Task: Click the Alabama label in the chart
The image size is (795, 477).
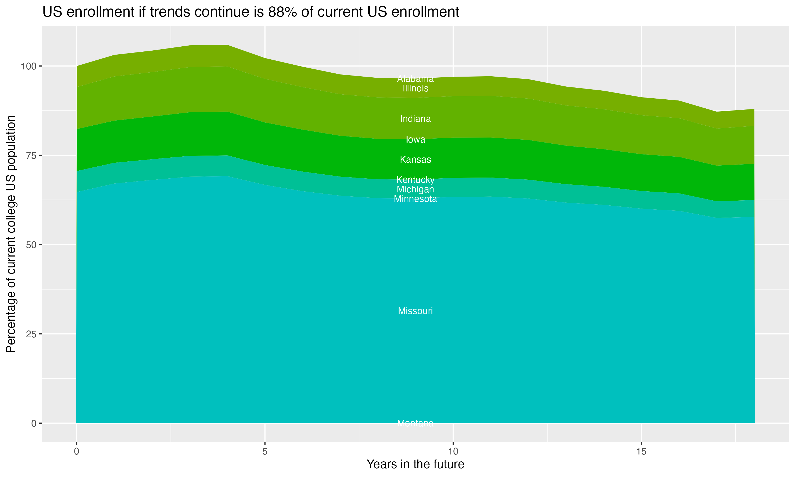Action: (x=415, y=79)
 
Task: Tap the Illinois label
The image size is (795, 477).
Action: (x=415, y=89)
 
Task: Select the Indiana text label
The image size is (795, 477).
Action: (x=415, y=119)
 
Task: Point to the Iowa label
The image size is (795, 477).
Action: (x=415, y=139)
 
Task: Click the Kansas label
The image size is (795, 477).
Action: (x=415, y=160)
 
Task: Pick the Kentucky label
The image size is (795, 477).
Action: (x=415, y=180)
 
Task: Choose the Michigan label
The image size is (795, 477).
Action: (x=415, y=189)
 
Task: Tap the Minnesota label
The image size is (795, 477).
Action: (x=415, y=199)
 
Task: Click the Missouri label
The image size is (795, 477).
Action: (x=415, y=311)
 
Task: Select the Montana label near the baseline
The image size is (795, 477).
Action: (x=415, y=423)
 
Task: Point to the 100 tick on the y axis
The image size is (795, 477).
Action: (x=28, y=67)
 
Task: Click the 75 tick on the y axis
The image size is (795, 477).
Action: (x=31, y=156)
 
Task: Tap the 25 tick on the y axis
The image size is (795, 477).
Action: (x=31, y=334)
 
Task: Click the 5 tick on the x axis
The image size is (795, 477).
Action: (x=265, y=452)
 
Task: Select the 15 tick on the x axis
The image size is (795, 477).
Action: (x=641, y=452)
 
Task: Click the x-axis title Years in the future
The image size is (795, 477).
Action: (x=415, y=464)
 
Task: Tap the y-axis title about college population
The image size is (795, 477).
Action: (x=11, y=234)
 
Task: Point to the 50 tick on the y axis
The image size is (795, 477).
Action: (x=31, y=245)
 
